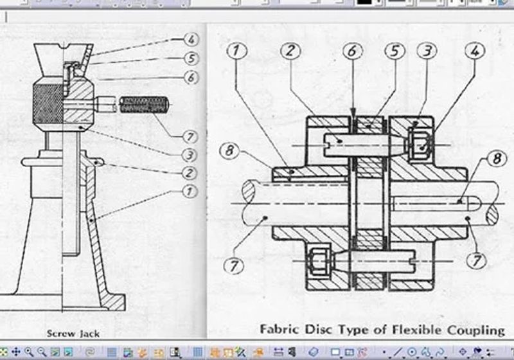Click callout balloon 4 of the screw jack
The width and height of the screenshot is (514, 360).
pos(191,39)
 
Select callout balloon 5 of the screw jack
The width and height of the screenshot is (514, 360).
pos(191,59)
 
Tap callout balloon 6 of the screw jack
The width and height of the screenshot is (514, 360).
pos(191,78)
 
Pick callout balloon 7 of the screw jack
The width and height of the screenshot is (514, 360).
pos(190,136)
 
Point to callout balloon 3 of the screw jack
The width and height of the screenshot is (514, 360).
pos(190,155)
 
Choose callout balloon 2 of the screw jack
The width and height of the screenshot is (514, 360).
pos(189,173)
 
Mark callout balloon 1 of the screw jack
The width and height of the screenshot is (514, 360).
pos(189,191)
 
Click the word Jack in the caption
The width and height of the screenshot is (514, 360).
pos(88,334)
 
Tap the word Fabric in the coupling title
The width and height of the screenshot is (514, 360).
pos(279,329)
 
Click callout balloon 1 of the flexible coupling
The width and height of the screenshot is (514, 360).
pos(236,51)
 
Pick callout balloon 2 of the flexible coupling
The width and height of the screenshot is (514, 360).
pos(290,51)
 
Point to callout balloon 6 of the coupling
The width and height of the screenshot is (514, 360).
pos(352,51)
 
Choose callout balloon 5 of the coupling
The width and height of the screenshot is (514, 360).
pos(394,51)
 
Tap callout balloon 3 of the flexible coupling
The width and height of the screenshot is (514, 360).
pos(427,51)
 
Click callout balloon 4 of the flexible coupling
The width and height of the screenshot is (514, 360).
pos(475,51)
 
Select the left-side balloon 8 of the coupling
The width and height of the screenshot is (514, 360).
pos(229,150)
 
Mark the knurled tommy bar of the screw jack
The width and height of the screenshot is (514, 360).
pos(144,105)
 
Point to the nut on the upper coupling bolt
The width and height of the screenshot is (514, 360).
pos(421,144)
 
